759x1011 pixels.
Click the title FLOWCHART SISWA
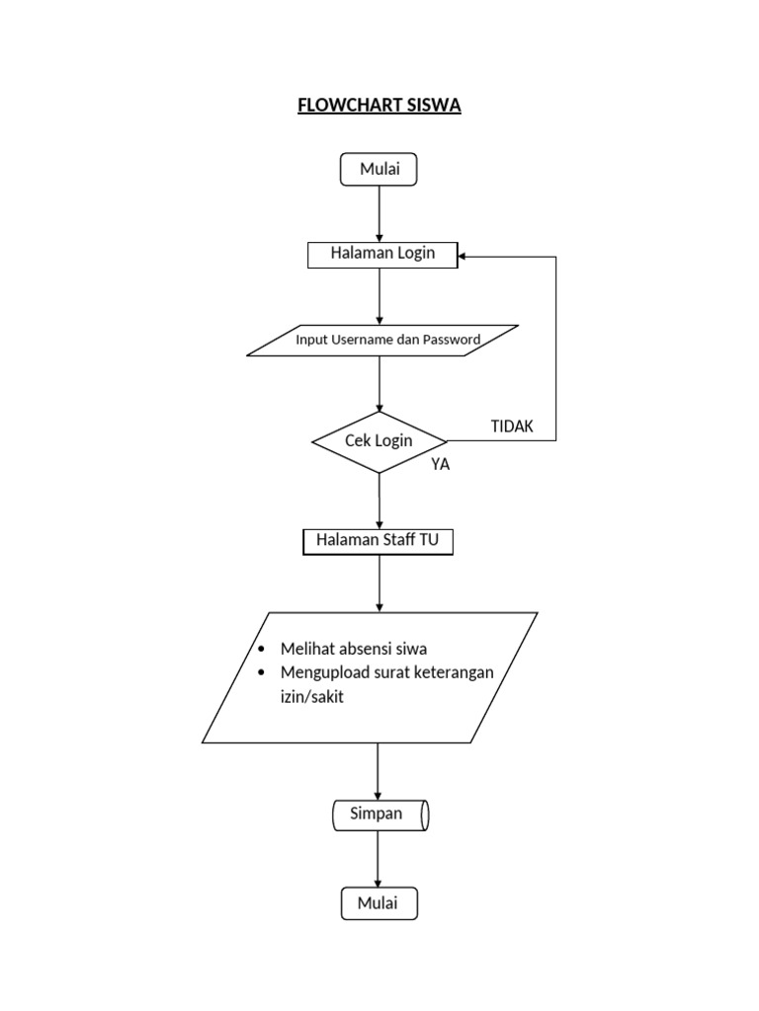[x=379, y=106]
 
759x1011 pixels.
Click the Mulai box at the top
[x=379, y=169]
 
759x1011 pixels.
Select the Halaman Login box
[x=382, y=255]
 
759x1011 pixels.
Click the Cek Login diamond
[x=379, y=441]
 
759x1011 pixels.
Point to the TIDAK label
[x=512, y=427]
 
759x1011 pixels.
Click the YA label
[x=440, y=465]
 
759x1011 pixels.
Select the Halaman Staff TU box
[x=378, y=541]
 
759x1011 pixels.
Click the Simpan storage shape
[x=379, y=816]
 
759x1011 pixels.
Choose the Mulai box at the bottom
[x=379, y=902]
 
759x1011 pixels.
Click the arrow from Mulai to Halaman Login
[x=379, y=213]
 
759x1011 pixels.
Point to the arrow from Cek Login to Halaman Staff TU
[x=379, y=502]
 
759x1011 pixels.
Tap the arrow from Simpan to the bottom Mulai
[x=379, y=859]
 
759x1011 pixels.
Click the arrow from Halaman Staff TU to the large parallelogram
[x=379, y=584]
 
